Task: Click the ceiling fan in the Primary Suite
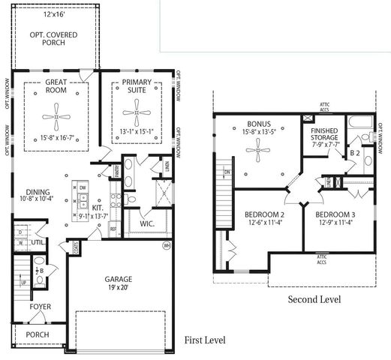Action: click(x=137, y=116)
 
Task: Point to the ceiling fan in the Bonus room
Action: click(x=257, y=152)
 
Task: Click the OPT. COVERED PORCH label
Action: click(x=57, y=40)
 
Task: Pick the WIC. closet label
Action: click(x=146, y=223)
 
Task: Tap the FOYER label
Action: click(x=41, y=307)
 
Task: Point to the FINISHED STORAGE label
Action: click(x=325, y=135)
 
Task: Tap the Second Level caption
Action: click(x=314, y=299)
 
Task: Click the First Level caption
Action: click(x=204, y=340)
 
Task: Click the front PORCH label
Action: click(x=38, y=334)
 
